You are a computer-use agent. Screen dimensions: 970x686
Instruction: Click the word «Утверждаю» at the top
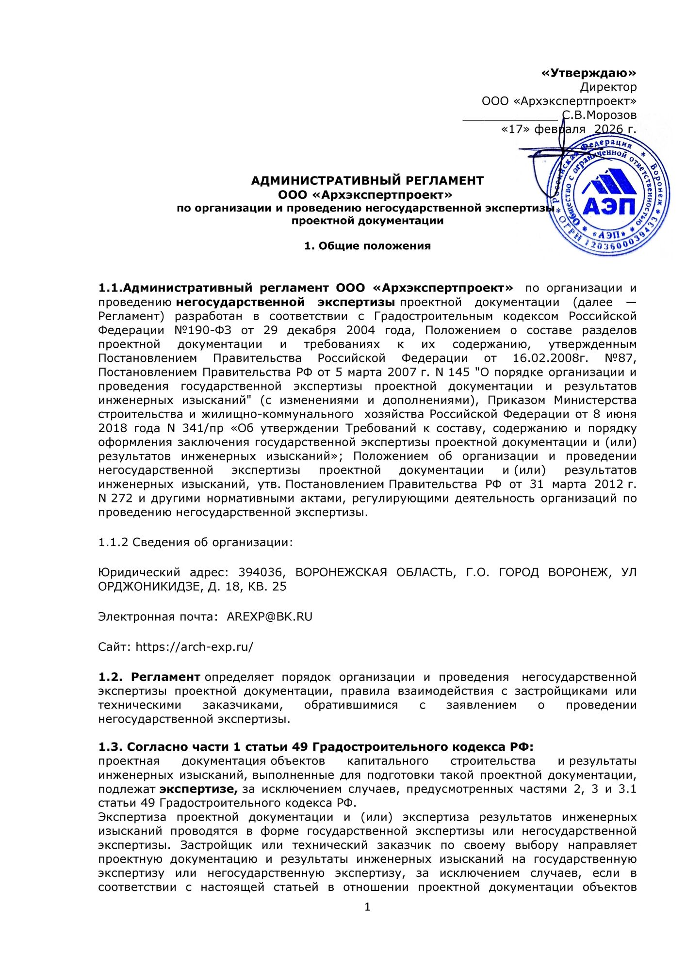[588, 73]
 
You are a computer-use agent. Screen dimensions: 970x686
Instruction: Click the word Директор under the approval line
[608, 87]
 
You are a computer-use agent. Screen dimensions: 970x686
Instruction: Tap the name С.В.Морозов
[600, 115]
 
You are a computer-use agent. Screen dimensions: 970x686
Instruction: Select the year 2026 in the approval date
[608, 129]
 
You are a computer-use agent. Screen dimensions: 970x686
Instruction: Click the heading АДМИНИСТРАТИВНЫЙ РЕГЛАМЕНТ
[367, 181]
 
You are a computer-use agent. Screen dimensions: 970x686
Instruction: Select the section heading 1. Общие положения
[367, 246]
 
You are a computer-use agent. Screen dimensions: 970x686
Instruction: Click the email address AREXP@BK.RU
[270, 617]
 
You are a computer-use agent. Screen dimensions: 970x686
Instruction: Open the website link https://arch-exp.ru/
[194, 647]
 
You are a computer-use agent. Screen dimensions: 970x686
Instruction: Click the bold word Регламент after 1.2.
[165, 677]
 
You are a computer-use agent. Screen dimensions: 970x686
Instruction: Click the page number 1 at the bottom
[367, 907]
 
